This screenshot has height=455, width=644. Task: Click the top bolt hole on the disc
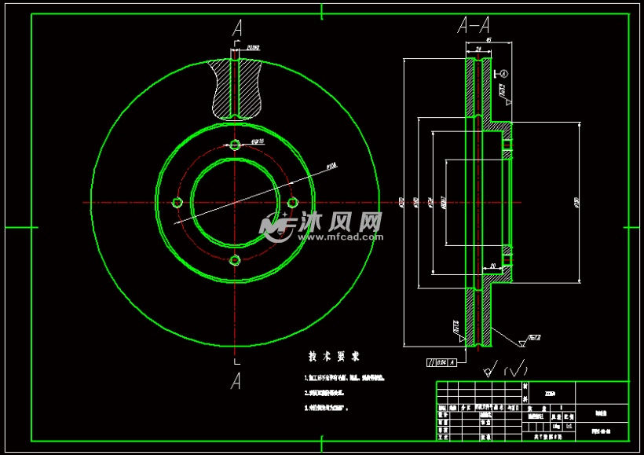(235, 145)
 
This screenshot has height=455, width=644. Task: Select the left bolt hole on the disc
(177, 203)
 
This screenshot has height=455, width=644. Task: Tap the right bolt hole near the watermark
(292, 203)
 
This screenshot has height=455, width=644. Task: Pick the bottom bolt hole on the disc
(235, 260)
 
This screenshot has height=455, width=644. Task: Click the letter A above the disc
(236, 29)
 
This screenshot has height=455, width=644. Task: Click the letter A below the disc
(236, 381)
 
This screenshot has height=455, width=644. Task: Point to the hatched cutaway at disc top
(235, 87)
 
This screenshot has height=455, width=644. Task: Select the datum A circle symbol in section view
(504, 73)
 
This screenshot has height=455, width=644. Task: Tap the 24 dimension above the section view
(478, 48)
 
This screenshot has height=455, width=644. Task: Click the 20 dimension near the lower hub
(493, 266)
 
